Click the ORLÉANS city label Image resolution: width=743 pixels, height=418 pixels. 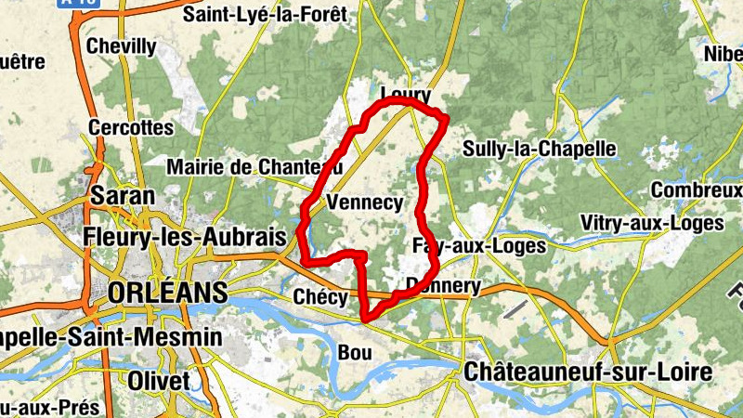click(x=167, y=293)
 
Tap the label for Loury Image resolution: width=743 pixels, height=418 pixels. click(x=406, y=95)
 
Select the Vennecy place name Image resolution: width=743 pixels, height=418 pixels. click(x=365, y=202)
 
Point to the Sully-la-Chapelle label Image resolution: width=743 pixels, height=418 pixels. click(x=539, y=149)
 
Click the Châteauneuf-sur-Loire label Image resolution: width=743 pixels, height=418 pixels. click(x=587, y=372)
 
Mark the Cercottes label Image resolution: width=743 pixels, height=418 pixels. click(x=131, y=126)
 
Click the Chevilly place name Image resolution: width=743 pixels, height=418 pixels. click(x=121, y=46)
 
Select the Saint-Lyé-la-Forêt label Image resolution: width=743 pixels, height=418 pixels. click(x=265, y=14)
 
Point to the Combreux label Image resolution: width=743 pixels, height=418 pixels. click(x=696, y=189)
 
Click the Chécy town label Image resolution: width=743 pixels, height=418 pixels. click(x=319, y=297)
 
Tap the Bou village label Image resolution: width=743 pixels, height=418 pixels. click(x=355, y=353)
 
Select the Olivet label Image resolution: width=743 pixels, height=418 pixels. click(x=159, y=381)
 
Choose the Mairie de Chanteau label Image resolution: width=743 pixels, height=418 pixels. click(x=254, y=167)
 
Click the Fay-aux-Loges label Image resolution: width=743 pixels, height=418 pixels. click(x=478, y=245)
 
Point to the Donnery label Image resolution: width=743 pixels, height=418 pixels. click(x=444, y=286)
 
